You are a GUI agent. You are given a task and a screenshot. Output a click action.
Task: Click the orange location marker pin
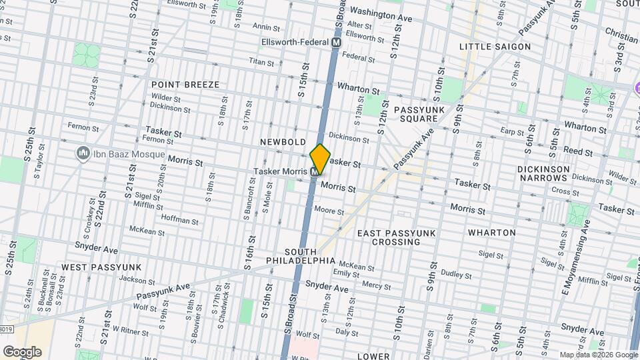coord(320,159)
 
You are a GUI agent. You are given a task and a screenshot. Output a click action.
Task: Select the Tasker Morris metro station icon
coord(315,172)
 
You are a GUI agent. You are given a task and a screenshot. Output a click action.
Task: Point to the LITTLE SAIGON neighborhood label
coord(495,47)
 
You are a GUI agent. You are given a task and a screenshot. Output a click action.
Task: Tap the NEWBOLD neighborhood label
coord(283,142)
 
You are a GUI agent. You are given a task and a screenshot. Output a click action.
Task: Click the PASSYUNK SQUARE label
coord(415,113)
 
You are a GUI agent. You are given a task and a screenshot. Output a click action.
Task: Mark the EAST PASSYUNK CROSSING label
coord(396,238)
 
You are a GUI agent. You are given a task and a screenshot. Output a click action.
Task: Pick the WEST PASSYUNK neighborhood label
coord(101,267)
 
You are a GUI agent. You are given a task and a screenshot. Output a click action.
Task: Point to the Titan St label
coord(261,62)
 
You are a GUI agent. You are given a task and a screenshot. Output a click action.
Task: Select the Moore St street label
coord(329,211)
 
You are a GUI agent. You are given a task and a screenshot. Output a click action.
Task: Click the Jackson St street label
coord(133,280)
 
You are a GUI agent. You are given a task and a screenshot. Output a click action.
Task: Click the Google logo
coord(22,352)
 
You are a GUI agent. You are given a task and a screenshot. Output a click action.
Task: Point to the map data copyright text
coord(598,355)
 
